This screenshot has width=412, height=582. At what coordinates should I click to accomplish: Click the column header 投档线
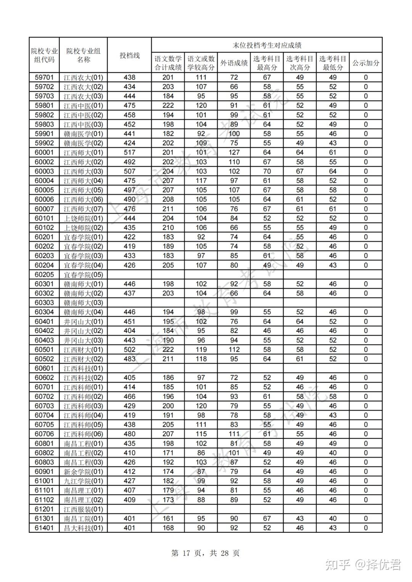point(129,55)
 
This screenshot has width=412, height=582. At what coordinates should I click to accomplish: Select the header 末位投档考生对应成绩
point(267,45)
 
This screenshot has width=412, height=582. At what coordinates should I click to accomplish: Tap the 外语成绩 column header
point(234,63)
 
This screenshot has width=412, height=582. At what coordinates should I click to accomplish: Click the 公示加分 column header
point(365,63)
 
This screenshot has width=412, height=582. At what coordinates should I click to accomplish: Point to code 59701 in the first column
point(44,77)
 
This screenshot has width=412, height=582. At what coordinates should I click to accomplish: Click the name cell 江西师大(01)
point(83,153)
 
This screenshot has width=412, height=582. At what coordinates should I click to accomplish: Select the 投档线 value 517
point(129,153)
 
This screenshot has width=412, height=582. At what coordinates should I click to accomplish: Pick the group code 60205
point(44,275)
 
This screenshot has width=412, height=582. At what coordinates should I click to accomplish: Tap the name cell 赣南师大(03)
point(83,303)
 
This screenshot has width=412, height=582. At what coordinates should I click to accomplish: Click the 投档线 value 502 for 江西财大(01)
point(129,350)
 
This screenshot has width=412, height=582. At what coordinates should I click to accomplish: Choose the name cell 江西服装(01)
point(83,509)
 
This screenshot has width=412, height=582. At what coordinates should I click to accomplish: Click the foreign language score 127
point(234,153)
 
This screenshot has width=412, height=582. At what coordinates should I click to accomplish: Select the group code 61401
point(44,528)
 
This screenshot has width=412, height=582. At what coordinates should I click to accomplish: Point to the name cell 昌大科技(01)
point(83,528)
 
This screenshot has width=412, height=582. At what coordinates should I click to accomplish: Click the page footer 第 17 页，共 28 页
point(206,553)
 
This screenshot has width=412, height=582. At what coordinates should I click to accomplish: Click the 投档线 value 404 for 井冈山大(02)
point(129,331)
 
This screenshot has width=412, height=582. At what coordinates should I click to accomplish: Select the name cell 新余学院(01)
point(83,472)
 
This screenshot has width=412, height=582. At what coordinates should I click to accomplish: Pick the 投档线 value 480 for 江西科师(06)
point(129,434)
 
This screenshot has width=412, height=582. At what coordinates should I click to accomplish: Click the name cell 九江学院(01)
point(83,481)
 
